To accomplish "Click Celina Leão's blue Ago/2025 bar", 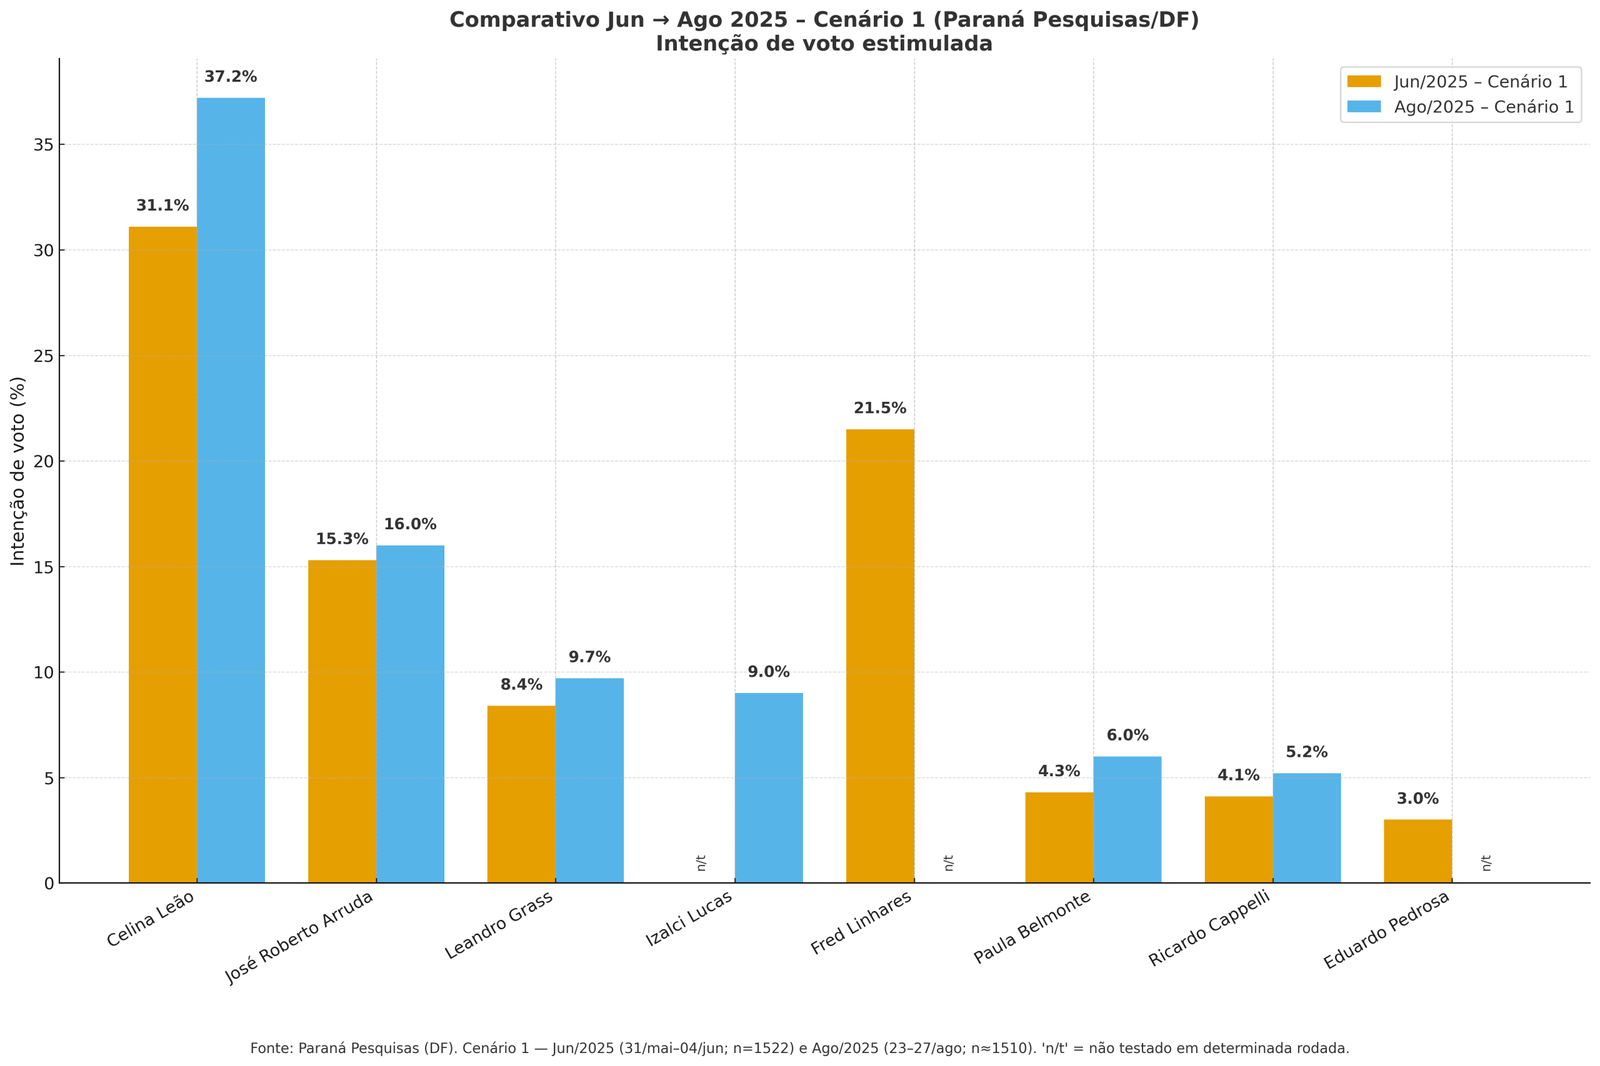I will click(231, 490).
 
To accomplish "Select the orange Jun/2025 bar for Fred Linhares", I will click(880, 656).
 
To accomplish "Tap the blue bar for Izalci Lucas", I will click(768, 788).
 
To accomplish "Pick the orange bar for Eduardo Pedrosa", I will click(1417, 851).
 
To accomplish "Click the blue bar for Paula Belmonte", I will click(1127, 819).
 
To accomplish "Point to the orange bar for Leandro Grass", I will click(521, 794).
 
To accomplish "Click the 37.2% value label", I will click(231, 77).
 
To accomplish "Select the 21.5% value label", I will click(880, 408).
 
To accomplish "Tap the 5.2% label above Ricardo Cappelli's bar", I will click(1307, 752).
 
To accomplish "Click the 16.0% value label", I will click(410, 524).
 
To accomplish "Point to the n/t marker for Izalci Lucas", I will click(701, 862).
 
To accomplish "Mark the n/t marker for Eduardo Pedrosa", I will click(1486, 862).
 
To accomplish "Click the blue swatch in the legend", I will click(1364, 107).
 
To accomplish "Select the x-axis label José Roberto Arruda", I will click(300, 937).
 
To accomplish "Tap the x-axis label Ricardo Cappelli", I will click(1210, 927).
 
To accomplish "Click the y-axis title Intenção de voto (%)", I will click(19, 471).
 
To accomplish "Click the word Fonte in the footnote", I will click(271, 1048).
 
